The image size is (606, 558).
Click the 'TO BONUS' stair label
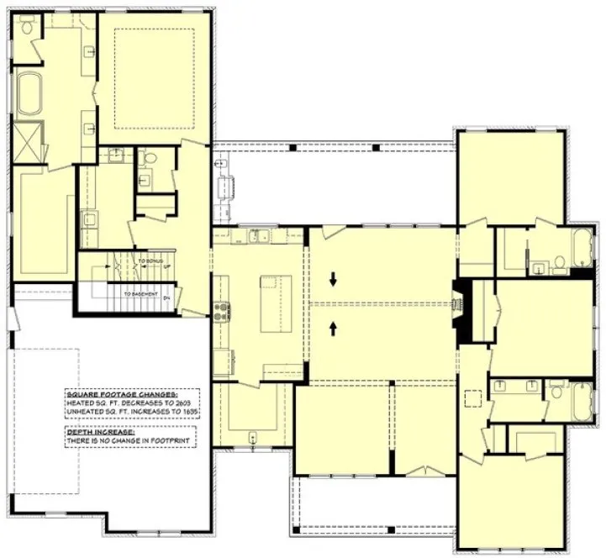(152, 261)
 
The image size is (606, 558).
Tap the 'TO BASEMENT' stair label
(141, 295)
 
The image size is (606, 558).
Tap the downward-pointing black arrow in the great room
(335, 279)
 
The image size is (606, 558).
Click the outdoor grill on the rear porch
(224, 187)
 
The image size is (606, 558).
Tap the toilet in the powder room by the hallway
(148, 159)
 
